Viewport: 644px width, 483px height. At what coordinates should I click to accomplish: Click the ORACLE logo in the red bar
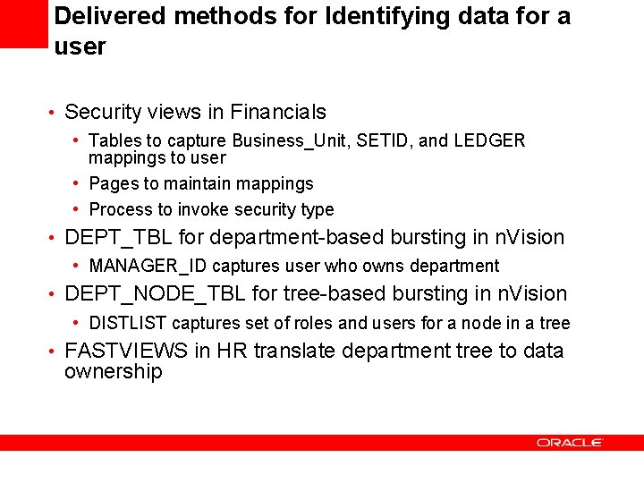coord(570,443)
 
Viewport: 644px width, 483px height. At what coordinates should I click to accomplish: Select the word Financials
coord(278,113)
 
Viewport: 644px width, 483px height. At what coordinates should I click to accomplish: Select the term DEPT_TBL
coord(118,238)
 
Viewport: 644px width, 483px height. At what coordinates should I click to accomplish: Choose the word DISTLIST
coord(128,323)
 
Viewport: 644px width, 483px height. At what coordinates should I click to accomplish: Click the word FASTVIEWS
coord(126,351)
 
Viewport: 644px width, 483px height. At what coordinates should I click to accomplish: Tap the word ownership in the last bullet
coord(113,372)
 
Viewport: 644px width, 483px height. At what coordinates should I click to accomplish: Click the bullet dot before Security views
coord(55,114)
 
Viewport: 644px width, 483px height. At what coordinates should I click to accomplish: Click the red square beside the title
coord(22,24)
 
